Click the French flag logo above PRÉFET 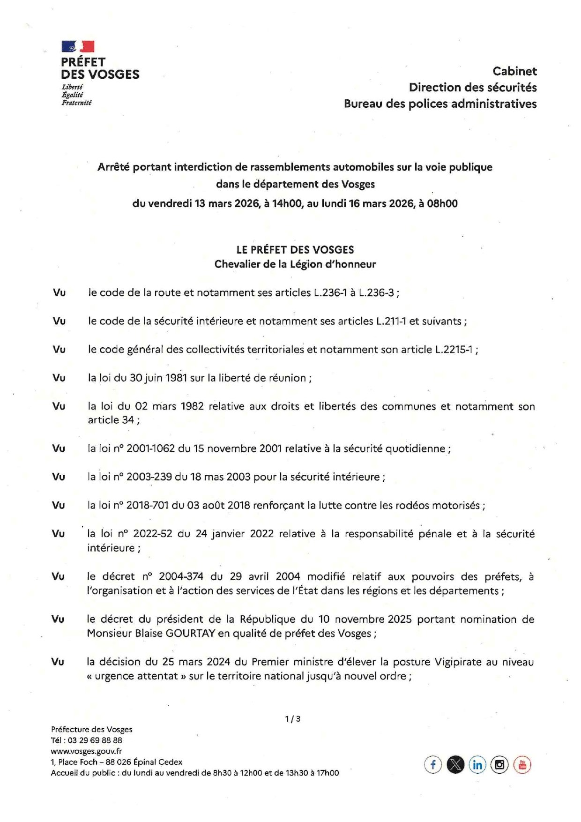[x=78, y=46]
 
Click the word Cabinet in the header [x=514, y=71]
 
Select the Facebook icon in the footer [x=433, y=765]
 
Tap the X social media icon [x=455, y=765]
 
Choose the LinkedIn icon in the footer [x=477, y=765]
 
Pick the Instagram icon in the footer [x=499, y=765]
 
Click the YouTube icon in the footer [x=522, y=765]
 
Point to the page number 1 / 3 [x=292, y=718]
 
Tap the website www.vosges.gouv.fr [x=86, y=751]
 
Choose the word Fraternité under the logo [x=76, y=103]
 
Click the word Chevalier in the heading [x=237, y=264]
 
